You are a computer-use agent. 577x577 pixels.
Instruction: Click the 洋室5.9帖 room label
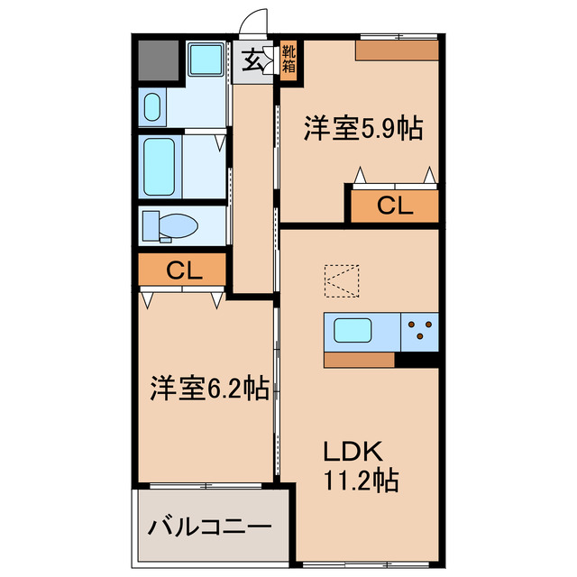tap(362, 130)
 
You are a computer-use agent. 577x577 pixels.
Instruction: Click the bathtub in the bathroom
tap(162, 166)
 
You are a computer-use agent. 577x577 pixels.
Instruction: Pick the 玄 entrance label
tap(254, 61)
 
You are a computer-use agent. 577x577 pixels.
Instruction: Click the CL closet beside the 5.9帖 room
tap(394, 206)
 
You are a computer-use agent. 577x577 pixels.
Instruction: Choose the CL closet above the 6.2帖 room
tap(182, 269)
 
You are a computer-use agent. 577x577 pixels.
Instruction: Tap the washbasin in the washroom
tap(151, 106)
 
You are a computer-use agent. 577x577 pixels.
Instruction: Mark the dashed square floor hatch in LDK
tap(342, 279)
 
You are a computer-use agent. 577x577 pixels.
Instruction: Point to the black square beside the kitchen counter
tap(417, 360)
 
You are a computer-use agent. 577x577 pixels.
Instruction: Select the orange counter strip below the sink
tap(359, 360)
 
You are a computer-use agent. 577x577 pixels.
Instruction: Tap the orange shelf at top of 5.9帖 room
tap(397, 50)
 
